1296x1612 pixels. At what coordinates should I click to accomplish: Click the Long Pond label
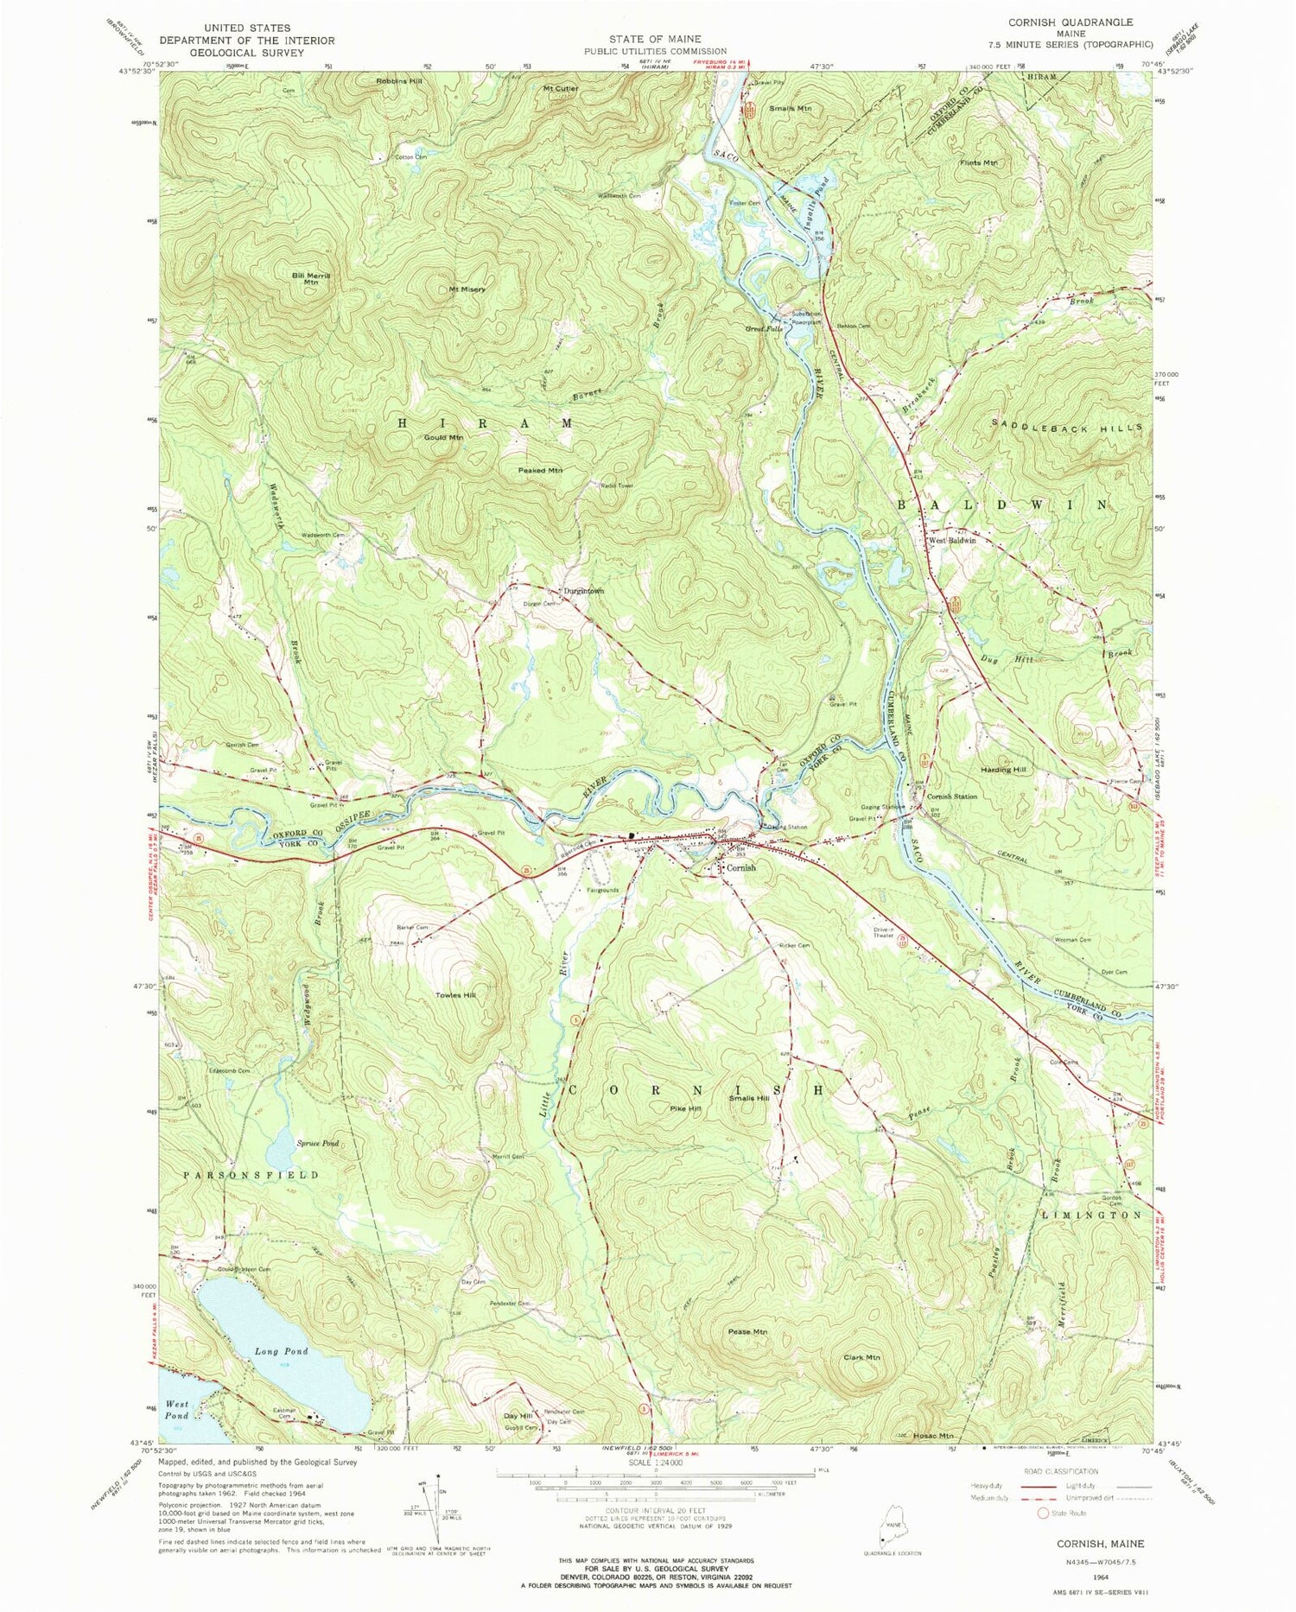tap(282, 1351)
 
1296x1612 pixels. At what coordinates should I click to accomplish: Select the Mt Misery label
tap(467, 289)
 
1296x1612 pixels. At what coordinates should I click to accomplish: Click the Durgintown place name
tap(583, 591)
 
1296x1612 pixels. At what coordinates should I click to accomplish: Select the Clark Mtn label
tap(861, 1357)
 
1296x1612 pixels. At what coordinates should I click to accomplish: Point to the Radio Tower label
tap(617, 486)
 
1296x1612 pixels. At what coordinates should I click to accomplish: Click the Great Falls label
tap(764, 328)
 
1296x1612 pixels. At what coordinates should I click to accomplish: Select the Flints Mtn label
tap(978, 162)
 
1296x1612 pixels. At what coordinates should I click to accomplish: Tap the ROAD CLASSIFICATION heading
tap(1070, 1470)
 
